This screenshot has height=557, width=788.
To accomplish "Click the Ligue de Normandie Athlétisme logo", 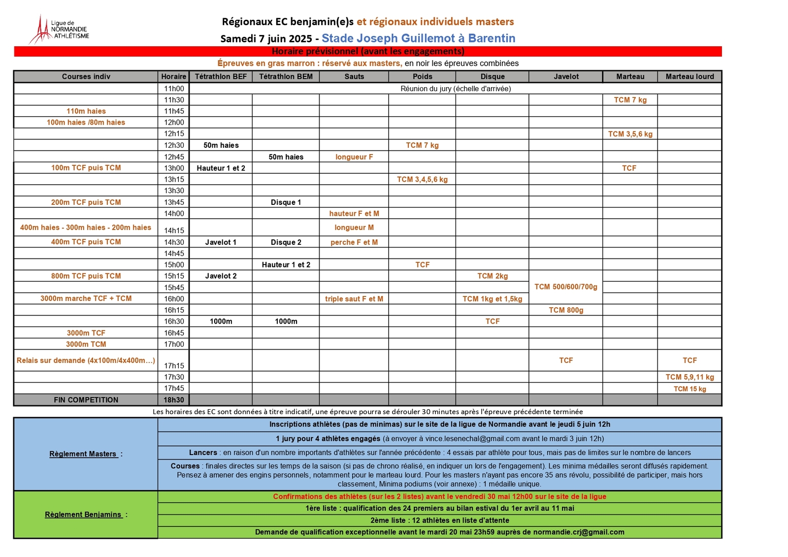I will [59, 29].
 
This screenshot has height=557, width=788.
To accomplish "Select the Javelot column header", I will [566, 76].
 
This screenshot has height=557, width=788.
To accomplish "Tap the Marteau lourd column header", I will [689, 76].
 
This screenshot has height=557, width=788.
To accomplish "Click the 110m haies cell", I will [86, 111].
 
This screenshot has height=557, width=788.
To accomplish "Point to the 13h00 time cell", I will [174, 168].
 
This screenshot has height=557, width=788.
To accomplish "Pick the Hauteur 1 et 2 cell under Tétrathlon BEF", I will [221, 168].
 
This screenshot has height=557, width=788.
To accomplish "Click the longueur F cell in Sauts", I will [354, 157].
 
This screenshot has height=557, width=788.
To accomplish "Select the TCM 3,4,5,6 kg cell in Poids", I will [422, 179].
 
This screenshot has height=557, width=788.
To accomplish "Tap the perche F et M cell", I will [354, 242].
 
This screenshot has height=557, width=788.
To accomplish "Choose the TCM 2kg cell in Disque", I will [492, 276].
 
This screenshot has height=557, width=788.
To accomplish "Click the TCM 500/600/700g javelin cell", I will [566, 287].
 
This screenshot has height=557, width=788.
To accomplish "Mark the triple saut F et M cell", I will [354, 299].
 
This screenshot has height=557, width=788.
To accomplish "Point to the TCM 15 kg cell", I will [689, 389].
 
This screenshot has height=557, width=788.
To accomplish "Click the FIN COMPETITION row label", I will [86, 400].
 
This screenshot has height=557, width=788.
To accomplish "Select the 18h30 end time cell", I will [174, 400].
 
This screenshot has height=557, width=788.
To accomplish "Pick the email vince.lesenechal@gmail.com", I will [472, 439].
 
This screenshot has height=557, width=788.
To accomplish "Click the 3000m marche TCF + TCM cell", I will [86, 298].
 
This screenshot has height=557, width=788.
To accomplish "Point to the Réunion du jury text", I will [456, 89].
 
